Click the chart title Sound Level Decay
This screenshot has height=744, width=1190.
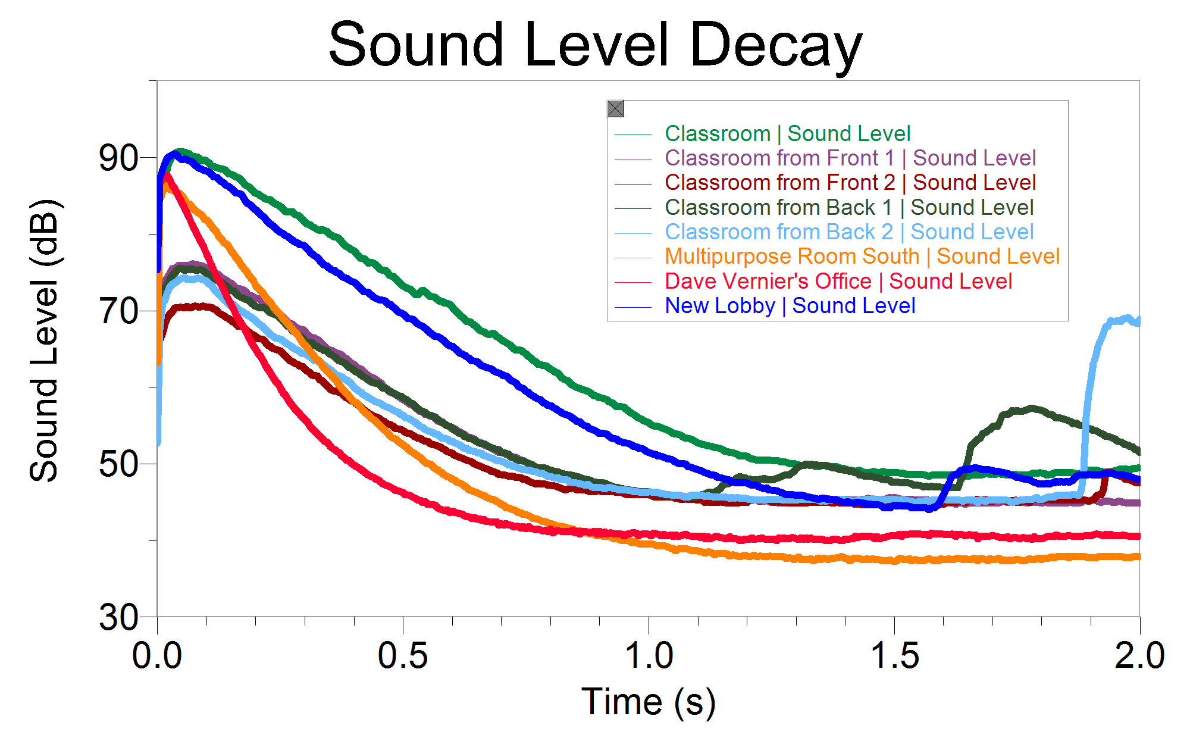595,45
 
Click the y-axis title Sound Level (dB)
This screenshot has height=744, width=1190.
45,340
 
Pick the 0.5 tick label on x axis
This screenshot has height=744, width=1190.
403,656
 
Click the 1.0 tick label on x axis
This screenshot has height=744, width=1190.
649,656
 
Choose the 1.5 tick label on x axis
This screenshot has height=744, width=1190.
894,656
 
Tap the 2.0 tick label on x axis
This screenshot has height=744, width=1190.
1139,656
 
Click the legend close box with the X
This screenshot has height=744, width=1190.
616,109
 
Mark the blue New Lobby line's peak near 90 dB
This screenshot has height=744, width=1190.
174,155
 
